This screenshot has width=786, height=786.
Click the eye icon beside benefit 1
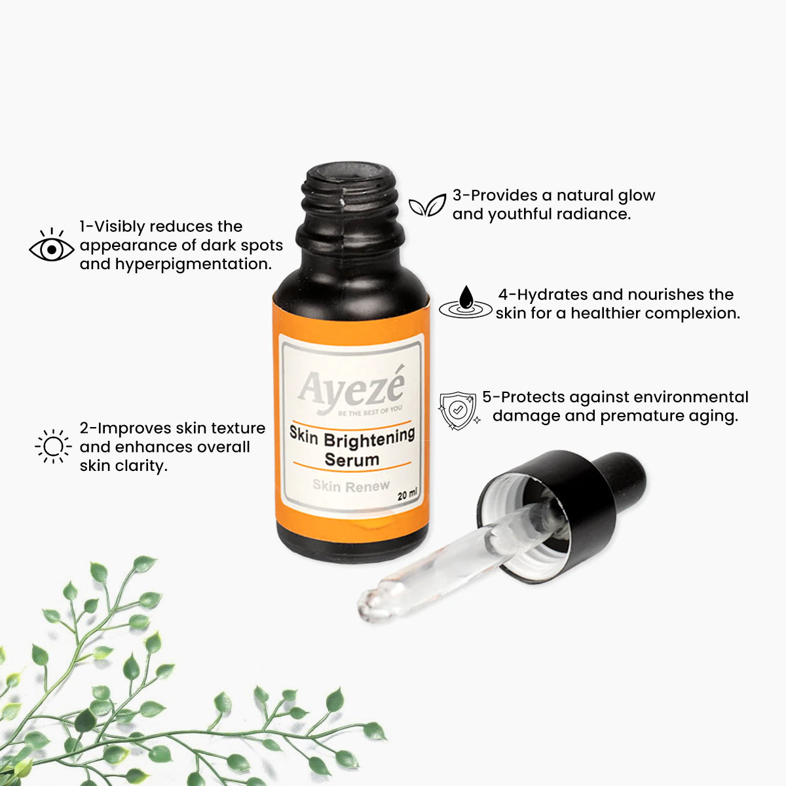51,246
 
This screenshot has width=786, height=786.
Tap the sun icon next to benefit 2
53,446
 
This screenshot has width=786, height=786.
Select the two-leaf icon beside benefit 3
427,205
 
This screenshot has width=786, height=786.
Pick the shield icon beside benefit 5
458,410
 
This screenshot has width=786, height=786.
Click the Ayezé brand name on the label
352,388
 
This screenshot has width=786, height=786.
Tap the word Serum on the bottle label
352,460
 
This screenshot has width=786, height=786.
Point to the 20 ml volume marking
407,495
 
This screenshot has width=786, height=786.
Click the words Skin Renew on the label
351,485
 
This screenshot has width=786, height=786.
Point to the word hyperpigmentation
193,265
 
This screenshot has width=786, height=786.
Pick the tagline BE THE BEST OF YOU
370,411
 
